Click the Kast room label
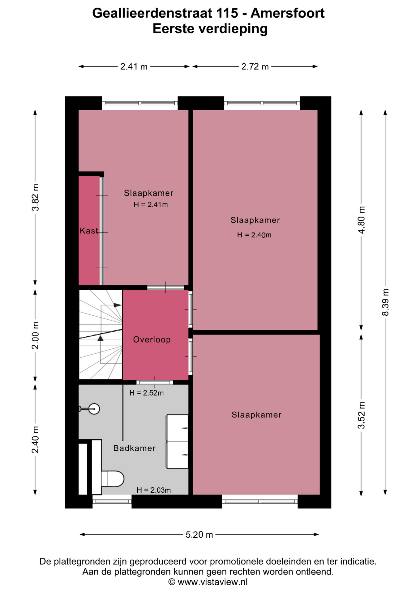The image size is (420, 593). (89, 231)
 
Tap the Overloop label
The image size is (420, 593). (152, 340)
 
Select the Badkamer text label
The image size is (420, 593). (134, 448)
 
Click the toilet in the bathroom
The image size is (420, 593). (113, 479)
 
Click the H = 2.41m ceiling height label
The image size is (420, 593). (151, 204)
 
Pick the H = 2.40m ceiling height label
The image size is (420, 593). (254, 235)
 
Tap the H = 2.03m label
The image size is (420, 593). (154, 490)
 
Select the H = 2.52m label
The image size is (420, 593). (147, 393)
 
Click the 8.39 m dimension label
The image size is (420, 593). (385, 302)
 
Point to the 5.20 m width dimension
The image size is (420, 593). (199, 535)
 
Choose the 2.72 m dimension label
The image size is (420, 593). (255, 66)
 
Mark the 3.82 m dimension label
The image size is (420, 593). (35, 197)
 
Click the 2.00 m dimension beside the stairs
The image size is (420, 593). (35, 335)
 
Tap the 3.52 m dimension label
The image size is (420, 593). (361, 415)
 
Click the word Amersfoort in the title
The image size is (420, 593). (288, 13)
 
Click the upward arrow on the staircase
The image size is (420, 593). (100, 338)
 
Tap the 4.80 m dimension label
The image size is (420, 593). (361, 220)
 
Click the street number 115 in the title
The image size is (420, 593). (227, 13)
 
